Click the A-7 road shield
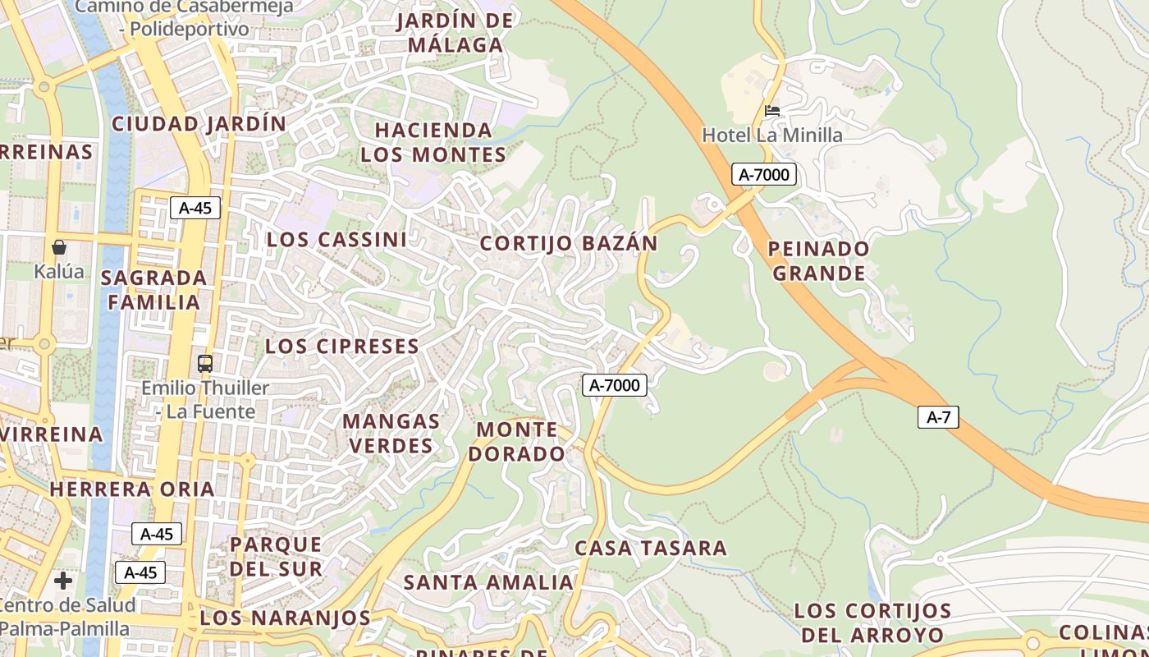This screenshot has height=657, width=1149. [938, 417]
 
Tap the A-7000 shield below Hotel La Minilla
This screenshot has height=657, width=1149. [764, 174]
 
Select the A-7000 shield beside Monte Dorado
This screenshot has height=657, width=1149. [615, 384]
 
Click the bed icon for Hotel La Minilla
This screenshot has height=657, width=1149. [771, 111]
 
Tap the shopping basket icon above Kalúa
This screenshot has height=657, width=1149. [59, 246]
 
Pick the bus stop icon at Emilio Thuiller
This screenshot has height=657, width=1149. [204, 363]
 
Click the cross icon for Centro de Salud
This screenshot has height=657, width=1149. [63, 581]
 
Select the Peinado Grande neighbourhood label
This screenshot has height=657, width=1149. [819, 260]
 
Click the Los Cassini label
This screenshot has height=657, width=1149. [336, 240]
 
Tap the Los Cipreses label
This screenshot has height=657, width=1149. [342, 347]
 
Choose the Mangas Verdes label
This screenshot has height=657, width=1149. [391, 433]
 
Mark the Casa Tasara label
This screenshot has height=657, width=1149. [650, 548]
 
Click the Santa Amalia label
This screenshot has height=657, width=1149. [488, 582]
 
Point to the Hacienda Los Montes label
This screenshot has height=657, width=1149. [433, 142]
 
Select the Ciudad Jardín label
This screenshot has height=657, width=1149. [199, 124]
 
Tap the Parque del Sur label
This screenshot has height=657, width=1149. [276, 556]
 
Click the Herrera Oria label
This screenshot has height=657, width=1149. [132, 489]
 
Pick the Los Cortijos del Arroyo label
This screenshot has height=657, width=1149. [872, 623]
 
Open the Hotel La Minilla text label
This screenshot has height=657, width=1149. [771, 135]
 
